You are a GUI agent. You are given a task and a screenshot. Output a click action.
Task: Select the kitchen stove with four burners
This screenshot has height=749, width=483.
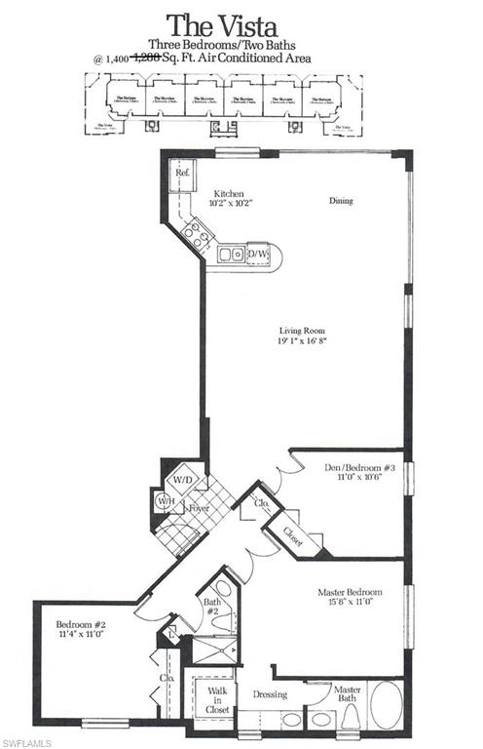(196, 233)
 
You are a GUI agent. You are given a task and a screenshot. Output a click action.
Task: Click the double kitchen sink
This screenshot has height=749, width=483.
(231, 255)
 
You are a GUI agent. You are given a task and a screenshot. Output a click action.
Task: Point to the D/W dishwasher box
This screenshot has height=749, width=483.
(258, 255)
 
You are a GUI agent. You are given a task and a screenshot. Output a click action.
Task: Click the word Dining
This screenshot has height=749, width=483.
(340, 201)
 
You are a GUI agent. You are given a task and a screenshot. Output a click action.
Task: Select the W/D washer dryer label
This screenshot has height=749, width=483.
(182, 480)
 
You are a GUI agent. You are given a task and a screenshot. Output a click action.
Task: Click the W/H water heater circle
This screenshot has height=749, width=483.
(166, 501)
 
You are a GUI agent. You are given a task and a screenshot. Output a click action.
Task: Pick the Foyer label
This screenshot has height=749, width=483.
(199, 508)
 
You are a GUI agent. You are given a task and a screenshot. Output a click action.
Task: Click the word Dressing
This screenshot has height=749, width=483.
(270, 694)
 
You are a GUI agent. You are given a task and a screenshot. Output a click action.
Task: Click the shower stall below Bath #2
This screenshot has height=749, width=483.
(215, 650)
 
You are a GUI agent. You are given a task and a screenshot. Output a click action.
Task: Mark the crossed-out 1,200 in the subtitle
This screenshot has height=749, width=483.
(146, 59)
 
